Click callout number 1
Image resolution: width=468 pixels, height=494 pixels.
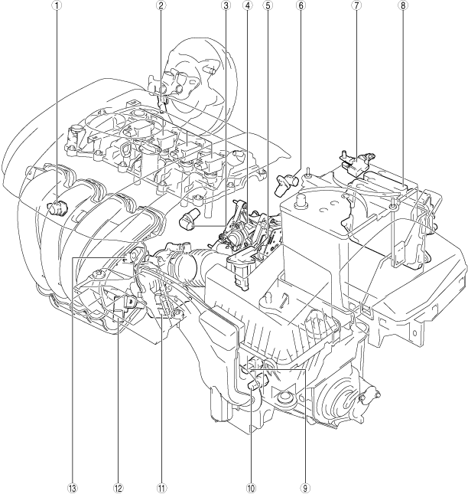pos(57,5)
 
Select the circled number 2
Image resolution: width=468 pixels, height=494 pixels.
pos(161,5)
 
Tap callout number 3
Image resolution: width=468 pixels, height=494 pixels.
pos(226,5)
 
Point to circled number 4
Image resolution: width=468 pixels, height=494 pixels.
pos(248,5)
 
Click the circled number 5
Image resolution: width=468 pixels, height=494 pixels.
pos(268,5)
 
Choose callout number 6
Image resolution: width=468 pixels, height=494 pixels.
pos(300,5)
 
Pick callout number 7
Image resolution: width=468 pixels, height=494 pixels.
pos(356,5)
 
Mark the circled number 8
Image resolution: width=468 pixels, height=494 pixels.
pos(403,5)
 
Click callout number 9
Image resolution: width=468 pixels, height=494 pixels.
pos(305,489)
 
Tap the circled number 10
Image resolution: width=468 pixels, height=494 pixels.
pos(251,489)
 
